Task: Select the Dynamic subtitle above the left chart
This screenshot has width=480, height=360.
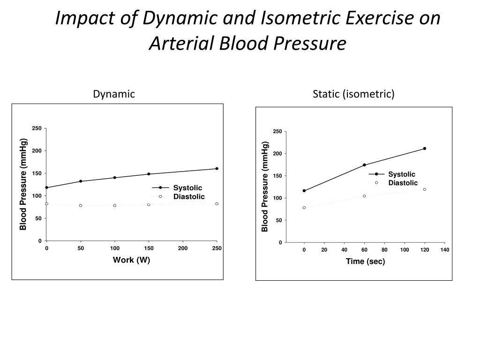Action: coord(114,94)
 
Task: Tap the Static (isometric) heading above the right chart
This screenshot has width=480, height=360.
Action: coord(353,94)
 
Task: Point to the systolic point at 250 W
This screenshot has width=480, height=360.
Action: coord(217,169)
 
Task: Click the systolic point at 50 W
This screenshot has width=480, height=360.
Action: coord(81,181)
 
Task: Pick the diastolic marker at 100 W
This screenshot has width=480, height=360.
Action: coord(114,205)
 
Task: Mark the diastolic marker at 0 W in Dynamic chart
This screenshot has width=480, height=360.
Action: coord(46,204)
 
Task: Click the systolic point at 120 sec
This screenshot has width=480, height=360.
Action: coord(424,149)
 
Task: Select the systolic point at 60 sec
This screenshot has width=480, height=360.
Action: coord(364,165)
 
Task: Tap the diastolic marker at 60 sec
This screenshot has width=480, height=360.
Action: coord(364,196)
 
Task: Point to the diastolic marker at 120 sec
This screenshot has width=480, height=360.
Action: coord(424,189)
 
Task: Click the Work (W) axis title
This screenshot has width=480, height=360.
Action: coord(131,260)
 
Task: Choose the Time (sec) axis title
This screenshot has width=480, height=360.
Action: coord(365,262)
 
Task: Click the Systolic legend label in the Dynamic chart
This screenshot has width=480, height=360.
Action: coord(187,188)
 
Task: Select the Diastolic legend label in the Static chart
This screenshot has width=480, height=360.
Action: coord(403,183)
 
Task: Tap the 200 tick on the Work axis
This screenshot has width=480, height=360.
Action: coord(183,248)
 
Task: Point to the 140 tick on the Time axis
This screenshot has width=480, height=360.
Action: coord(444,250)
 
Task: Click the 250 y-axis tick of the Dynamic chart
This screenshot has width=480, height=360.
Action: coord(37,128)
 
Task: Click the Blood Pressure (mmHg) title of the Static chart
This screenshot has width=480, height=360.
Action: coord(265,187)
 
